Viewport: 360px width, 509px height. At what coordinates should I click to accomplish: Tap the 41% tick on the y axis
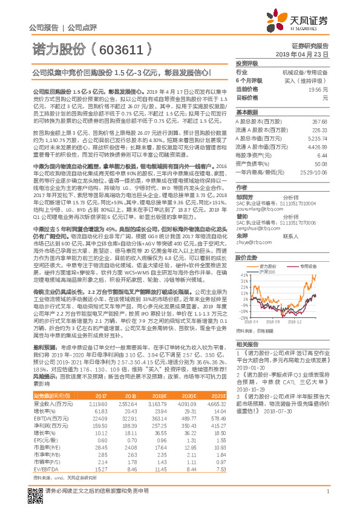coord(243,274)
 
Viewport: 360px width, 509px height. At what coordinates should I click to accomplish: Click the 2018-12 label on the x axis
coord(312,322)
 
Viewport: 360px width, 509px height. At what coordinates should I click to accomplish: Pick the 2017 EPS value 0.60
coord(100,424)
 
